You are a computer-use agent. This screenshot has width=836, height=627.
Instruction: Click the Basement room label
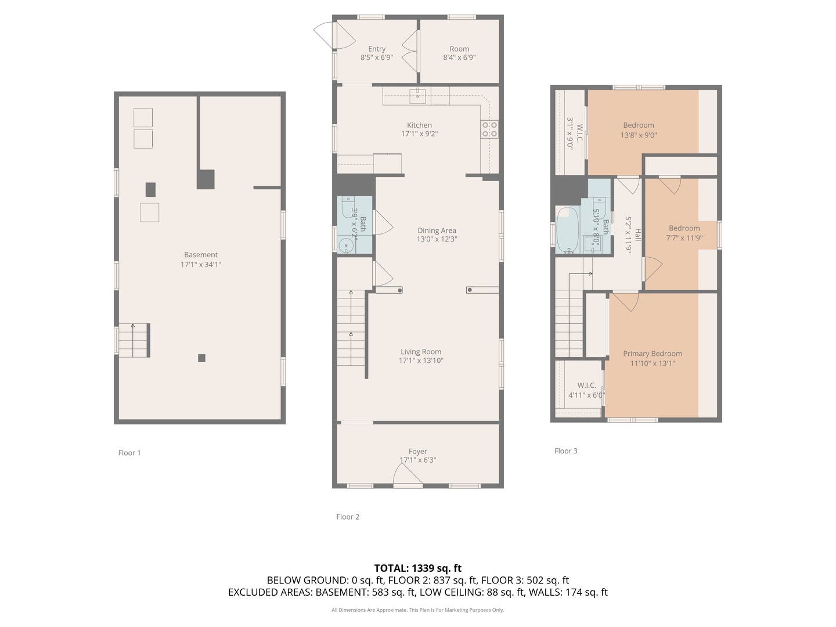coord(201,255)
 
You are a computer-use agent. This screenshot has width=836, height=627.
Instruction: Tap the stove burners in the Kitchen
coord(489,129)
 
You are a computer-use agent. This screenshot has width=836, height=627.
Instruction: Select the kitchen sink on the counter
coord(417,96)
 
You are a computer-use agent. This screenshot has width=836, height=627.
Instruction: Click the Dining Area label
coord(437,230)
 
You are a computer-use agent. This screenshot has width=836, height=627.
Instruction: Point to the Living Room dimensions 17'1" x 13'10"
coord(421,361)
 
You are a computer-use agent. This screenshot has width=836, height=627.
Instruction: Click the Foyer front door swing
coord(408,475)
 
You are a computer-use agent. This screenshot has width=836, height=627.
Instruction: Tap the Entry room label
coord(377,49)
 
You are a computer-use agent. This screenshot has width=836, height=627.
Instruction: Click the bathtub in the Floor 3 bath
coord(568,230)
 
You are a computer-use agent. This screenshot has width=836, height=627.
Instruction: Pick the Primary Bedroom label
coord(653,354)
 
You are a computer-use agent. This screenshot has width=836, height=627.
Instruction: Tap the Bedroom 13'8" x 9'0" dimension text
coord(639,135)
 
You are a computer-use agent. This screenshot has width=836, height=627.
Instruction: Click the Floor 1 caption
coord(129,453)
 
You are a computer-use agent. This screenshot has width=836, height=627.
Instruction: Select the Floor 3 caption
coord(566,451)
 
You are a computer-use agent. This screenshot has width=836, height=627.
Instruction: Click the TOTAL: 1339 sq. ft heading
coord(418,568)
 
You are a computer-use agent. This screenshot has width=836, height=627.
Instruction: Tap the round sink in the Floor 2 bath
coord(346,246)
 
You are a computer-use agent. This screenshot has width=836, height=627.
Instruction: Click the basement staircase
coord(134,341)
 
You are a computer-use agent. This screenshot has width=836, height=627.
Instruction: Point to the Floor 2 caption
coord(348,517)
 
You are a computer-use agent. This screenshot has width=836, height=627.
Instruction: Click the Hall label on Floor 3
coord(637,235)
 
